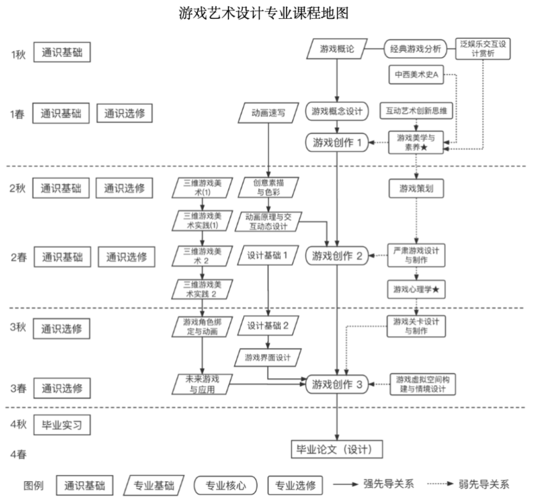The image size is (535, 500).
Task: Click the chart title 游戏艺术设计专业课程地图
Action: [x=264, y=13]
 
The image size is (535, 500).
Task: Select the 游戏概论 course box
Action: [x=337, y=49]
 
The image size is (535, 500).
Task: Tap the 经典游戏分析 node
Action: [x=415, y=49]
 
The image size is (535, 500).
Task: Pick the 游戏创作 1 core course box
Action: [x=337, y=143]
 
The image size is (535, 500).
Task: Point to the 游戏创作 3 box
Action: [x=337, y=384]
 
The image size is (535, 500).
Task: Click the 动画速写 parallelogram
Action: [x=268, y=113]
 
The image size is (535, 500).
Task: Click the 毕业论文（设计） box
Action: [x=337, y=449]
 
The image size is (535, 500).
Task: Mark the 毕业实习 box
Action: [x=62, y=425]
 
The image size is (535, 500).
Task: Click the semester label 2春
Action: [x=19, y=257]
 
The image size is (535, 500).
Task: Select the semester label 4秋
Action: [x=19, y=425]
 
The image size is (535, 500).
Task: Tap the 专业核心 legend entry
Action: [x=225, y=485]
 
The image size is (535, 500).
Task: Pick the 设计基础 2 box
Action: [x=268, y=326]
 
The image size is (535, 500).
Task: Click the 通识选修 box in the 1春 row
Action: [x=124, y=113]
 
